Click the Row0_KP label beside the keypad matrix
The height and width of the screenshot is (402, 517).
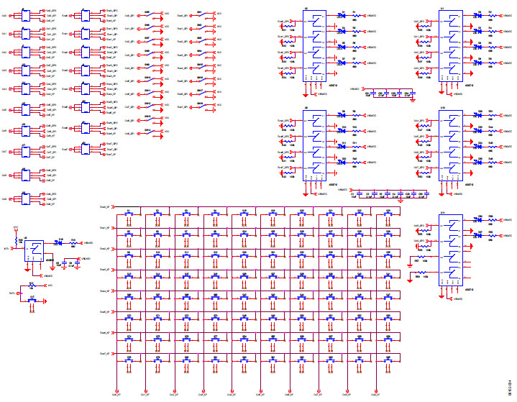pyautogui.click(x=104, y=208)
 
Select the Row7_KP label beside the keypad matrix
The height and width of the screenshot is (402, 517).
pyautogui.click(x=104, y=353)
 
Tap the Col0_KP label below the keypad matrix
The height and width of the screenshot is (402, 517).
pyautogui.click(x=115, y=393)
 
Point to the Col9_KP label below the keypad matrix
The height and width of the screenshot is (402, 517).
pyautogui.click(x=376, y=393)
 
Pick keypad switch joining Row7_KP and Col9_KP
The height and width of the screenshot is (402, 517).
pyautogui.click(x=388, y=359)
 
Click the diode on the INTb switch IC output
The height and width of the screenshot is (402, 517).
pyautogui.click(x=61, y=243)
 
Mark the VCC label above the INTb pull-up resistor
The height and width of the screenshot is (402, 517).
pyautogui.click(x=15, y=228)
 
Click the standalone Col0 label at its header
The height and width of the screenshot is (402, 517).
pyautogui.click(x=4, y=14)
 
